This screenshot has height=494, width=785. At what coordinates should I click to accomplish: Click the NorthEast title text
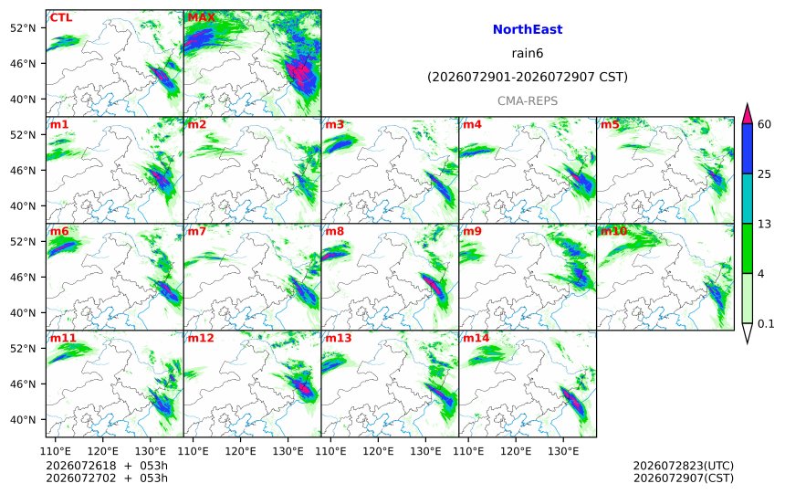[528, 29]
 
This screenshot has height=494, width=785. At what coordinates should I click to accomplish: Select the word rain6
[528, 53]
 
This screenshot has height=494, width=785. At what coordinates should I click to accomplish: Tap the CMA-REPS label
[528, 100]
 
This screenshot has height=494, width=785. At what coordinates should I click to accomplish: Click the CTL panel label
[60, 17]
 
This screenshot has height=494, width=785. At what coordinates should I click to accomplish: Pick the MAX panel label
[201, 17]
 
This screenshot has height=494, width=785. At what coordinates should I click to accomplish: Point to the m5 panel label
[610, 124]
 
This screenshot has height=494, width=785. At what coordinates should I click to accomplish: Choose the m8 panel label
[334, 231]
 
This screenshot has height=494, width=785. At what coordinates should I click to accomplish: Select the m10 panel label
[613, 231]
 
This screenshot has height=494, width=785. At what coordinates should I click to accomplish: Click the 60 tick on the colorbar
[764, 124]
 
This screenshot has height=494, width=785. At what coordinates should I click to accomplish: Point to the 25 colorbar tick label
[764, 173]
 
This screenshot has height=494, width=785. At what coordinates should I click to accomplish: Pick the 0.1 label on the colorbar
[766, 323]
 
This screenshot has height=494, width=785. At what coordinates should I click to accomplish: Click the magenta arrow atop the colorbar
[747, 114]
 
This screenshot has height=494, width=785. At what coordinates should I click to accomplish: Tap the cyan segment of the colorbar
[747, 198]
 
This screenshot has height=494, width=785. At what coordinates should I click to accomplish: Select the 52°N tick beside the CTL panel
[23, 28]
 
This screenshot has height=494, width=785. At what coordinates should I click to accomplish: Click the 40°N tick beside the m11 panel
[23, 420]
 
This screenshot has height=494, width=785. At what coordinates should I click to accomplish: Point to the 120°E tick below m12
[240, 451]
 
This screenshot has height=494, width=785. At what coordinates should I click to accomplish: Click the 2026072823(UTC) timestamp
[684, 466]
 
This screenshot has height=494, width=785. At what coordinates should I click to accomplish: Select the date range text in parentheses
[528, 77]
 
